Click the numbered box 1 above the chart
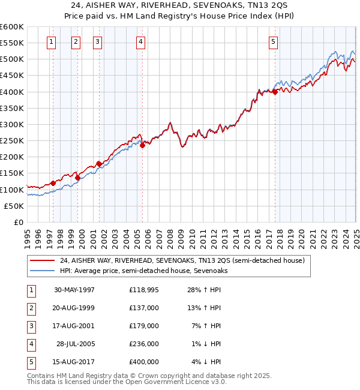(x=51, y=42)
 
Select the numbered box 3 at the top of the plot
(x=97, y=42)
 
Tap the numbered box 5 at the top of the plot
(x=273, y=42)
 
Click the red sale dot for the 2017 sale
(x=275, y=92)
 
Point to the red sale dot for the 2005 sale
(x=143, y=145)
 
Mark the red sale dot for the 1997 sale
(x=53, y=183)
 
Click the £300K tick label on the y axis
(x=11, y=124)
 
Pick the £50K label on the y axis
(x=14, y=206)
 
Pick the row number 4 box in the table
(x=31, y=344)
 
